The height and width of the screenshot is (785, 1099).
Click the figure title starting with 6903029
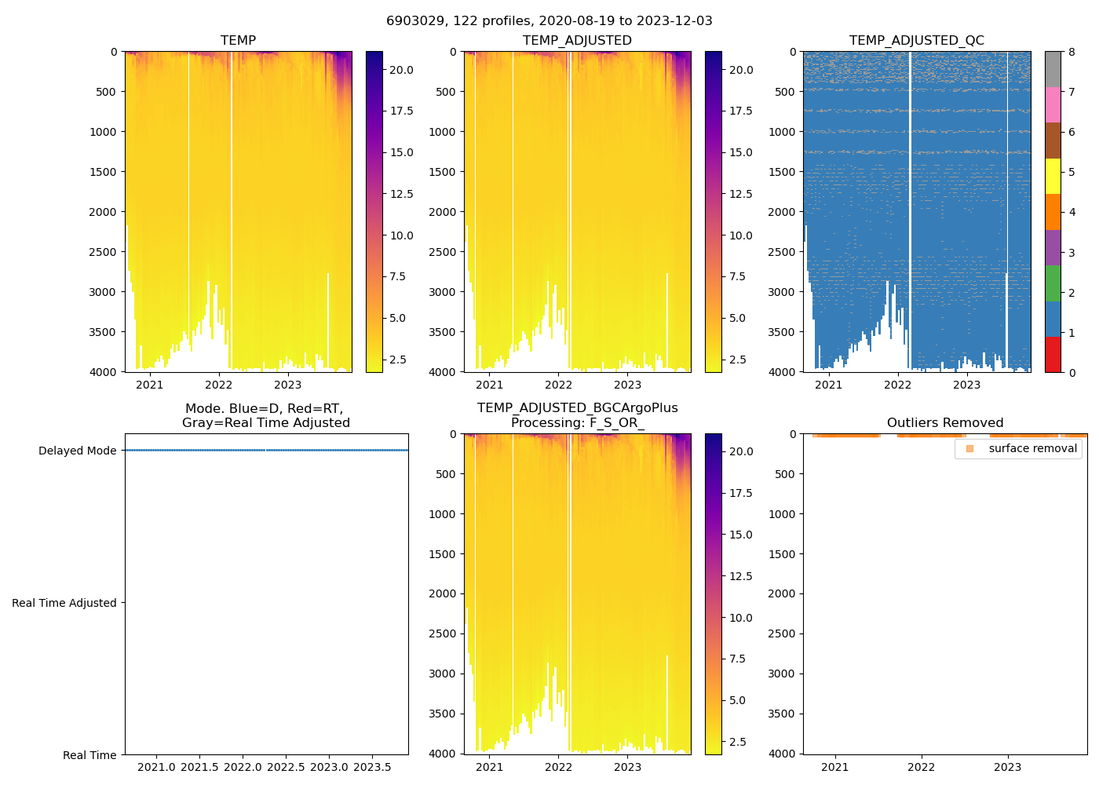point(549,21)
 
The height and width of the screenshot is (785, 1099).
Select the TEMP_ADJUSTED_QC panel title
point(916,41)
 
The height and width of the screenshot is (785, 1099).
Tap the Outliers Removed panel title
point(945,423)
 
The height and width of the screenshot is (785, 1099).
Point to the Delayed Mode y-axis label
point(77,451)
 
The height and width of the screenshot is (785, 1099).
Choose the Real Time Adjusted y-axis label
point(64,603)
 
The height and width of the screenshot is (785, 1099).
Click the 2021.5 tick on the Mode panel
point(200,767)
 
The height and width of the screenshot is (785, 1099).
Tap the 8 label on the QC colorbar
point(1072,52)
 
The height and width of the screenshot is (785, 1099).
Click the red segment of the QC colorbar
point(1053,355)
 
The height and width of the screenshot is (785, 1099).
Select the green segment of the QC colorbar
point(1053,283)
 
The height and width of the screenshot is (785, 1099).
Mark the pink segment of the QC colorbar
point(1053,104)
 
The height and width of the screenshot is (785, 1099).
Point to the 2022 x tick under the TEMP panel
point(219,385)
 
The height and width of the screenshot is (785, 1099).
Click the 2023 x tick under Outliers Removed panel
point(1007,767)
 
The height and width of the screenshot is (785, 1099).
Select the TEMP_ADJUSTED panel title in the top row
point(577,41)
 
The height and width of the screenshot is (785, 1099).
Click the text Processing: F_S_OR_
point(577,423)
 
